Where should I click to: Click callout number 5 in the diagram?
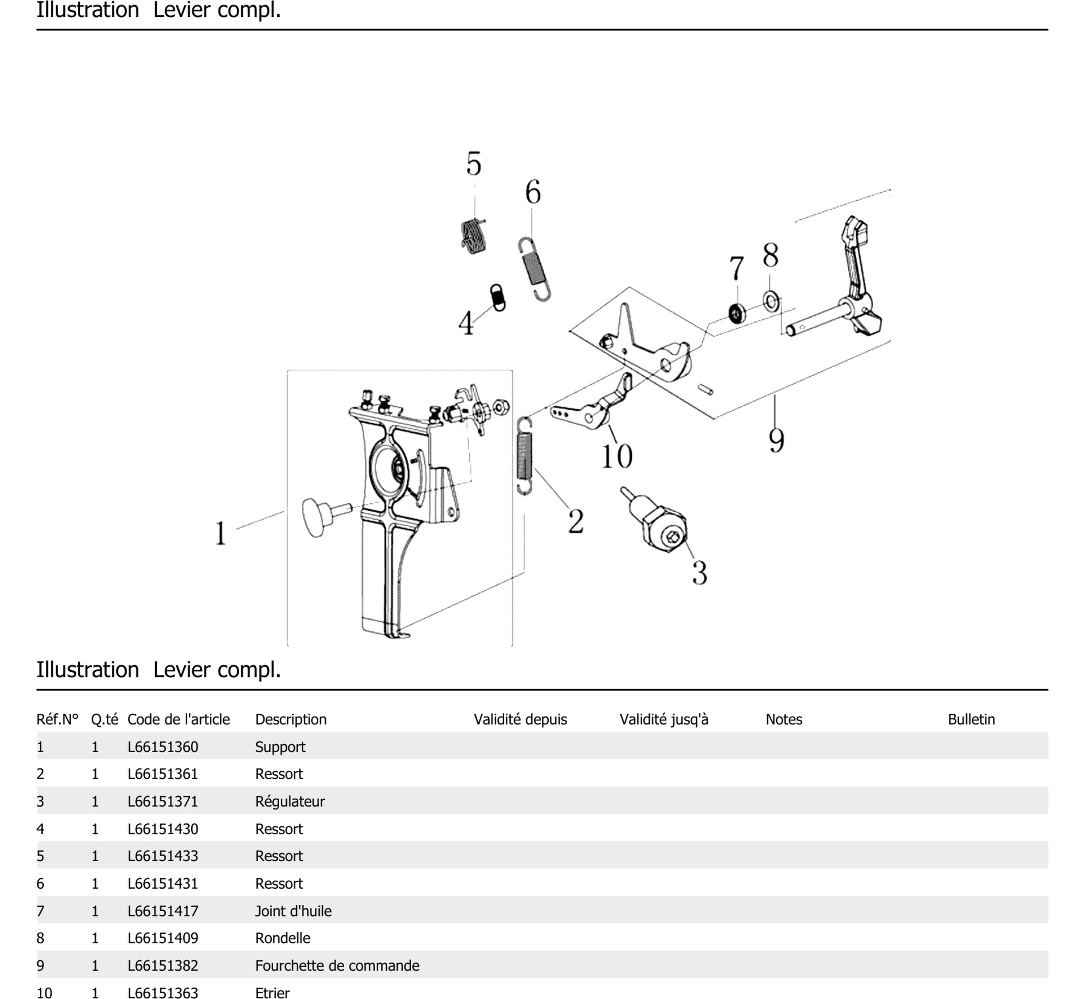pyautogui.click(x=474, y=164)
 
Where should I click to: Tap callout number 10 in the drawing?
pyautogui.click(x=617, y=456)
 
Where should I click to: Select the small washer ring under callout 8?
pyautogui.click(x=771, y=300)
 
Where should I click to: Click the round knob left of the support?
pyautogui.click(x=316, y=517)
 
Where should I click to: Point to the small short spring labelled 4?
pyautogui.click(x=498, y=297)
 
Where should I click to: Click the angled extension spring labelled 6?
pyautogui.click(x=534, y=269)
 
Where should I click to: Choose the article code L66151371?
pyautogui.click(x=163, y=801)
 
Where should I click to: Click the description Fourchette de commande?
pyautogui.click(x=337, y=966)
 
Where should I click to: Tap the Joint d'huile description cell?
pyautogui.click(x=293, y=911)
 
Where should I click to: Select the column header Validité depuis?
pyautogui.click(x=520, y=720)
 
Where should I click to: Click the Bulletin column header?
pyautogui.click(x=971, y=720)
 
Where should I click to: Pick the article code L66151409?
pyautogui.click(x=163, y=938)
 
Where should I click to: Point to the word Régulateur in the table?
pyautogui.click(x=289, y=801)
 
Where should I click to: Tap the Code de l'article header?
pyautogui.click(x=178, y=720)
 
